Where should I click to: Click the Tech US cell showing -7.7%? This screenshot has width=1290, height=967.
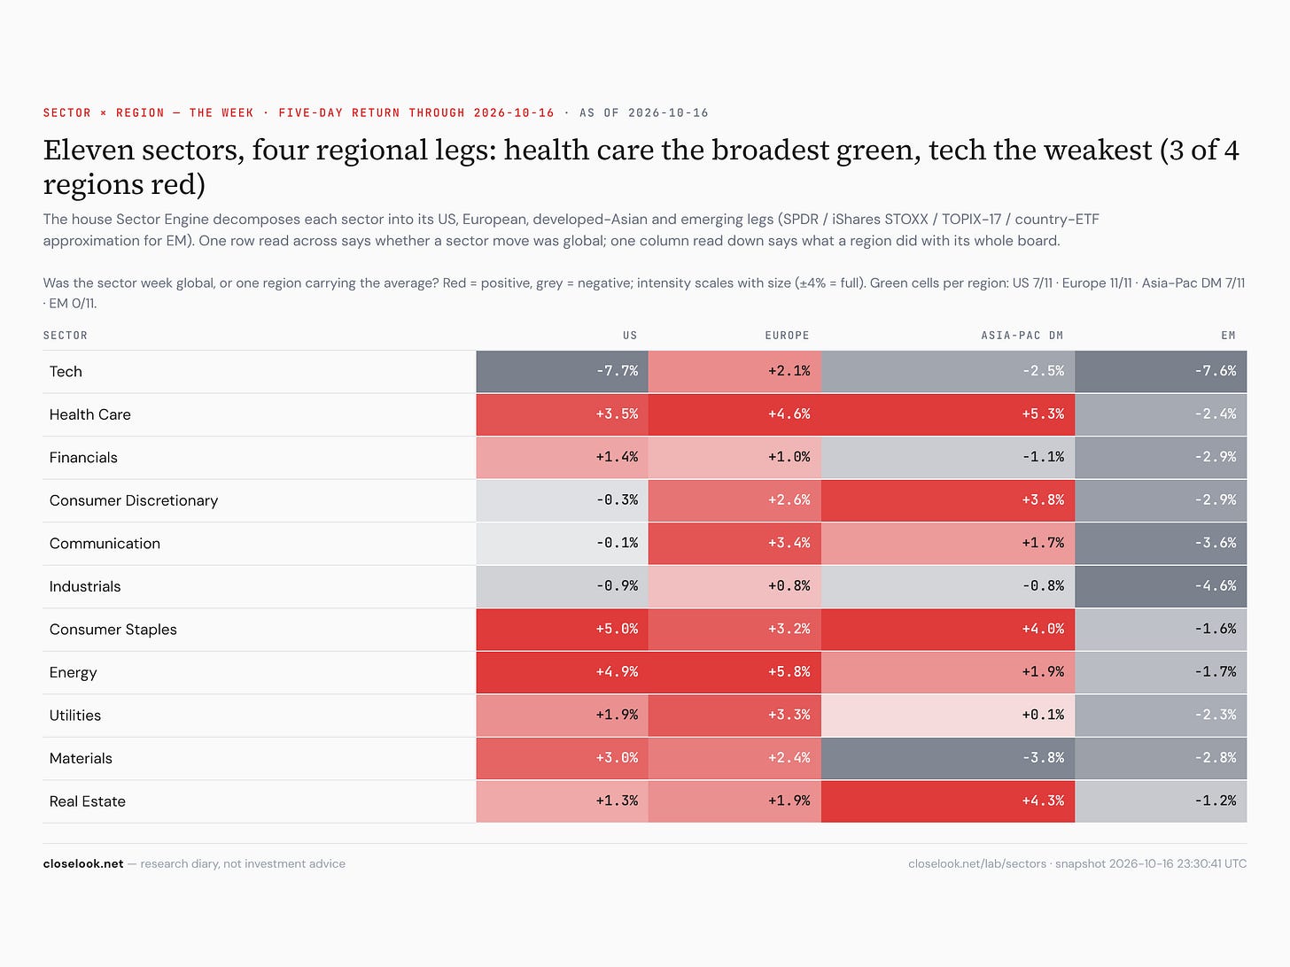(x=562, y=371)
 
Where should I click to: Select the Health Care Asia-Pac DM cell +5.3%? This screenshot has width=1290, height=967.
(x=947, y=414)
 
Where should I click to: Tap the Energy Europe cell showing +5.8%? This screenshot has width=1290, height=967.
(x=734, y=671)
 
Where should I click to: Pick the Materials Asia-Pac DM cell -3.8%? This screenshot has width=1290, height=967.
(x=947, y=757)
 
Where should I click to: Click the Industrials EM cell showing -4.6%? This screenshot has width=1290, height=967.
(x=1161, y=586)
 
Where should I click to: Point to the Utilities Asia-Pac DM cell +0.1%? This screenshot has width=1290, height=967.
(x=947, y=715)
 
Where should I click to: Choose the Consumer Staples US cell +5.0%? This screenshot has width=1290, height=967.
(x=562, y=629)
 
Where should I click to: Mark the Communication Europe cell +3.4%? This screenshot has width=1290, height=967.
(x=734, y=543)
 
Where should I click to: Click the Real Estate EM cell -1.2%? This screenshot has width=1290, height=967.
(x=1161, y=801)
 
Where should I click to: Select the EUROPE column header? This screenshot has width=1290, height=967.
(x=787, y=336)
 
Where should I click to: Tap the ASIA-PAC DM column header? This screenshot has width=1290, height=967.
(x=1022, y=336)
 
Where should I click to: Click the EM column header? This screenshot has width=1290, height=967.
(x=1228, y=336)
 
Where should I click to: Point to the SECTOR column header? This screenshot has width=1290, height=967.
(x=66, y=336)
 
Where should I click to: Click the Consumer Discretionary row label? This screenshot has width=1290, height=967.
(x=134, y=500)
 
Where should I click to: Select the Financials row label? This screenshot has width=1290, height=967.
(x=83, y=457)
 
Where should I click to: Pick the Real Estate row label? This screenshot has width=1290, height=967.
(x=88, y=801)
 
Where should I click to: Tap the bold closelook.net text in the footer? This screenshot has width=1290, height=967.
(x=83, y=863)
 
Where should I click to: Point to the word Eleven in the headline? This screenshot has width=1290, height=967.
(x=89, y=150)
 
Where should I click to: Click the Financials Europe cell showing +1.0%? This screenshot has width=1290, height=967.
(x=734, y=457)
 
